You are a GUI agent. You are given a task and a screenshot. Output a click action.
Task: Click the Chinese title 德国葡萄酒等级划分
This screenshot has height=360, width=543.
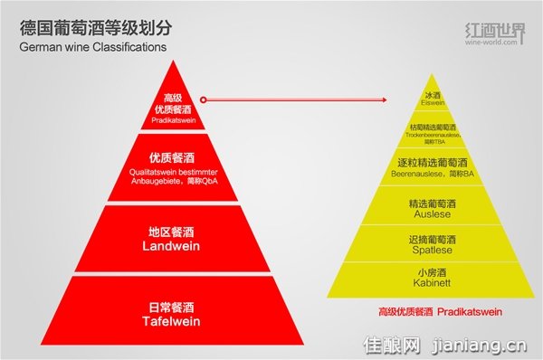coord(90,24)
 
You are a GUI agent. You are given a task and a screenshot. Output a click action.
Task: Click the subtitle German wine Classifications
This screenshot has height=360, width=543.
coord(92,45)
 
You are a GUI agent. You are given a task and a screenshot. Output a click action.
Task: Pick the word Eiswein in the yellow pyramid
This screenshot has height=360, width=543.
coord(438,103)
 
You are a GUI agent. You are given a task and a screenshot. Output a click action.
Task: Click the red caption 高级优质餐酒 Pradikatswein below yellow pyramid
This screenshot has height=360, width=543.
coord(440,312)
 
